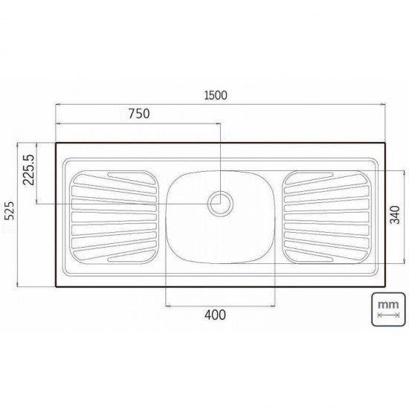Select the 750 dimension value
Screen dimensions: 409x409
(x=139, y=114)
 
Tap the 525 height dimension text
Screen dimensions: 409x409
(x=10, y=213)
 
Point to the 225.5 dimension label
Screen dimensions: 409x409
(x=30, y=170)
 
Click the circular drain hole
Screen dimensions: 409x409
(x=220, y=202)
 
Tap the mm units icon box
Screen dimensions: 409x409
(x=386, y=309)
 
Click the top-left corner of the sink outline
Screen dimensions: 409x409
(x=57, y=144)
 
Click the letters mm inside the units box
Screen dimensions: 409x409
(x=386, y=303)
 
